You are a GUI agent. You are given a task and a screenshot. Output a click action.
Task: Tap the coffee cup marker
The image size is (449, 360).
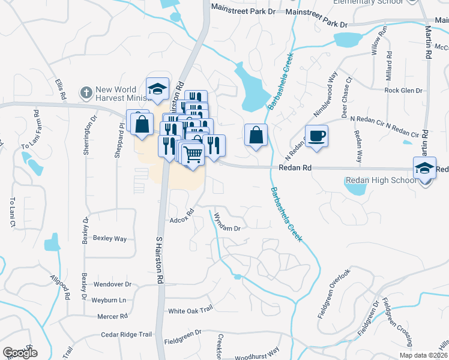point(316,136)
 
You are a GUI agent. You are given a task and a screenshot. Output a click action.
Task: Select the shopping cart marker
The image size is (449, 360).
point(193,154)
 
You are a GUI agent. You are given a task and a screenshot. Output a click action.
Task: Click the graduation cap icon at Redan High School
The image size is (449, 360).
point(424,168)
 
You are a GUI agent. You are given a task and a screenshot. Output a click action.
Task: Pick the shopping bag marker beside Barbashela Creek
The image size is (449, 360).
point(256,134)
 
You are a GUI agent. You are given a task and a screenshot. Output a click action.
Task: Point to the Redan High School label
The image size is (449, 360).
point(381,180)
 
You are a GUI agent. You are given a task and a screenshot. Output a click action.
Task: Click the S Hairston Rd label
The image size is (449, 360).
point(160,261)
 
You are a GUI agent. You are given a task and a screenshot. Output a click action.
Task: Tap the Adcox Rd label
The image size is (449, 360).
point(183,214)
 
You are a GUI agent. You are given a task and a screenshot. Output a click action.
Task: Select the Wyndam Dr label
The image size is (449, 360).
point(228,224)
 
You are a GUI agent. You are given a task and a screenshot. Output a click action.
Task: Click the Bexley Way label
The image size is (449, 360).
point(110,238)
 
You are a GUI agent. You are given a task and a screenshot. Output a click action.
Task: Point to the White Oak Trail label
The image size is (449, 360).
point(190,310)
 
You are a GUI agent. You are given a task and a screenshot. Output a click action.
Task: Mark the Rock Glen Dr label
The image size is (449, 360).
point(403,91)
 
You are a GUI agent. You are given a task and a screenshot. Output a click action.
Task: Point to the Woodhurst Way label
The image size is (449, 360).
point(256,350)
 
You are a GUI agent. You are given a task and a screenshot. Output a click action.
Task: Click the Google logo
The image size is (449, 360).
point(20,353)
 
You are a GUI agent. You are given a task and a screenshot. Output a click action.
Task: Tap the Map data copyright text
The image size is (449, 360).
point(423,356)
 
